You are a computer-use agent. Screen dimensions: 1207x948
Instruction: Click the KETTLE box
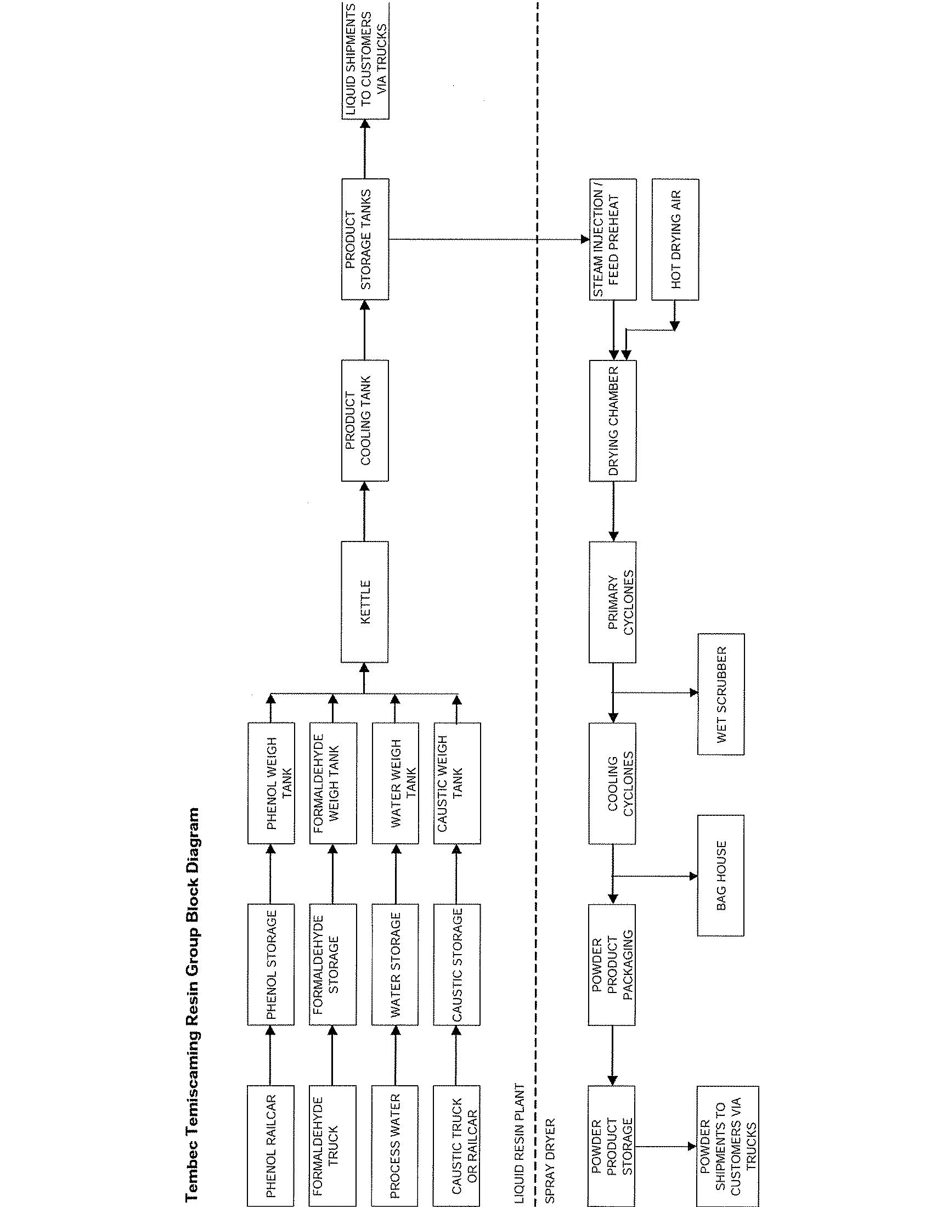pyautogui.click(x=365, y=601)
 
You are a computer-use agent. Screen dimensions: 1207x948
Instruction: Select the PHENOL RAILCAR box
pyautogui.click(x=270, y=1146)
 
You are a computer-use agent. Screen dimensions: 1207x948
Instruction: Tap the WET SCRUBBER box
pyautogui.click(x=720, y=693)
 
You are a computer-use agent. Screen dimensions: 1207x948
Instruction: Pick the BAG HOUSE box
pyautogui.click(x=720, y=875)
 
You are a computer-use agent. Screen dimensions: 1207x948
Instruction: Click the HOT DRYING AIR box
pyautogui.click(x=675, y=239)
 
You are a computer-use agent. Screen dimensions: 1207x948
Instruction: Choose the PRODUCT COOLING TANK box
pyautogui.click(x=365, y=420)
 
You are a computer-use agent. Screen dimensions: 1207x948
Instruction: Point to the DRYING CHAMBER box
pyautogui.click(x=613, y=420)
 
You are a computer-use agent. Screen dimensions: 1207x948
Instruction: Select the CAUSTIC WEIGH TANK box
pyautogui.click(x=457, y=783)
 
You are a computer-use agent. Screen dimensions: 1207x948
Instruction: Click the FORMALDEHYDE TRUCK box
pyautogui.click(x=332, y=1146)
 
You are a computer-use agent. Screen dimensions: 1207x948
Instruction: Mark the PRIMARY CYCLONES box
pyautogui.click(x=613, y=601)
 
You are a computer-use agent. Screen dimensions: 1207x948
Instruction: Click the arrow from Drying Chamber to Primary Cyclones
pyautogui.click(x=613, y=511)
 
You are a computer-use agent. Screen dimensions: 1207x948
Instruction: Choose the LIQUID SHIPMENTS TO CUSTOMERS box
pyautogui.click(x=365, y=60)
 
